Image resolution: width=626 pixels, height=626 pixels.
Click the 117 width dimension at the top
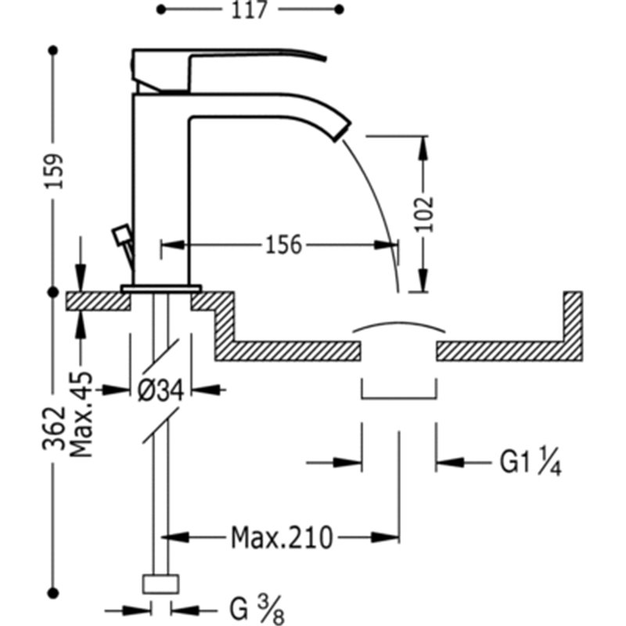pyautogui.click(x=250, y=9)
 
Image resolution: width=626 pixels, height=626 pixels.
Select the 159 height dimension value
pyautogui.click(x=54, y=171)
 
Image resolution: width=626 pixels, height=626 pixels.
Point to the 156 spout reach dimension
pyautogui.click(x=284, y=245)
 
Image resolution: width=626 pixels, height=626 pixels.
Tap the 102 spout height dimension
pyautogui.click(x=424, y=214)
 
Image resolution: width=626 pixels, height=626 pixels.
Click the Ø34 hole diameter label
pyautogui.click(x=161, y=390)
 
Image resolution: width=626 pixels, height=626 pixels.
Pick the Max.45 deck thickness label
pyautogui.click(x=81, y=415)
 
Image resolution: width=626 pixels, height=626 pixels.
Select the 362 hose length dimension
pyautogui.click(x=54, y=428)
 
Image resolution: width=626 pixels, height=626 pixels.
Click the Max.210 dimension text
pyautogui.click(x=282, y=538)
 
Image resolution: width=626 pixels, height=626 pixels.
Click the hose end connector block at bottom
pyautogui.click(x=160, y=584)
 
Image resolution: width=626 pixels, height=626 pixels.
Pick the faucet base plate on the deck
pyautogui.click(x=161, y=289)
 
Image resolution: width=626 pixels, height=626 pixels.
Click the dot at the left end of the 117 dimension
pyautogui.click(x=161, y=9)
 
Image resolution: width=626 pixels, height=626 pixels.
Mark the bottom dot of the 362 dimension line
pyautogui.click(x=53, y=593)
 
